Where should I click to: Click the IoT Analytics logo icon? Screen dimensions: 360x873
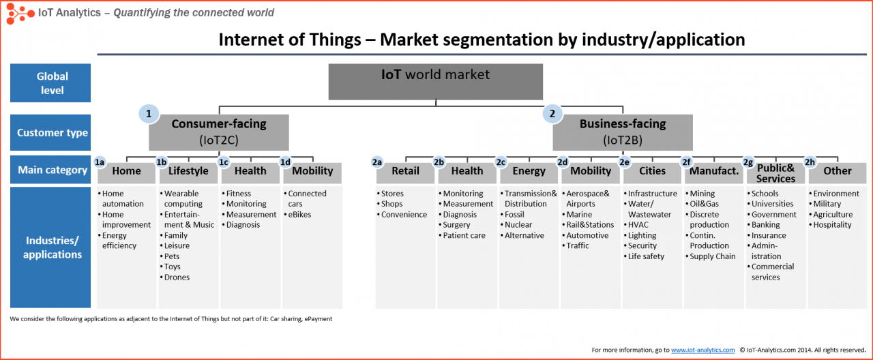[x=20, y=12]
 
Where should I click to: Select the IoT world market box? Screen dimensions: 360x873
[x=436, y=82]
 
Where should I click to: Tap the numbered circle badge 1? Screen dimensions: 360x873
[x=148, y=113]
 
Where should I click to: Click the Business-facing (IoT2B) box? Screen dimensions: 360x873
[x=623, y=132]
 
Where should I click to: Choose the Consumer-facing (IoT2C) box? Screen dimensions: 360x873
[x=219, y=132]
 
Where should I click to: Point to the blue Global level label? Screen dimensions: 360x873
[x=50, y=83]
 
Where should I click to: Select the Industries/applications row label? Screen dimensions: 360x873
[x=52, y=247]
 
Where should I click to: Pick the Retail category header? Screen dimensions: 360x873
[x=405, y=171]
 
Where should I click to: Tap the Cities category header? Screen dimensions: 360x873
[x=652, y=171]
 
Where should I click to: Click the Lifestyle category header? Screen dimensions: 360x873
[x=188, y=171]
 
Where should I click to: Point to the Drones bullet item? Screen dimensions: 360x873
[x=177, y=277]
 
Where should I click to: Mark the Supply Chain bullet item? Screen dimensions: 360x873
[x=712, y=256]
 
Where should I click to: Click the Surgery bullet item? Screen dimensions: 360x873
[x=456, y=225]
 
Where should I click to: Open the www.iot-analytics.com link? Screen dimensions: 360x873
[x=702, y=350]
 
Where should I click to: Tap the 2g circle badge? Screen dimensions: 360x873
[x=748, y=162]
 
